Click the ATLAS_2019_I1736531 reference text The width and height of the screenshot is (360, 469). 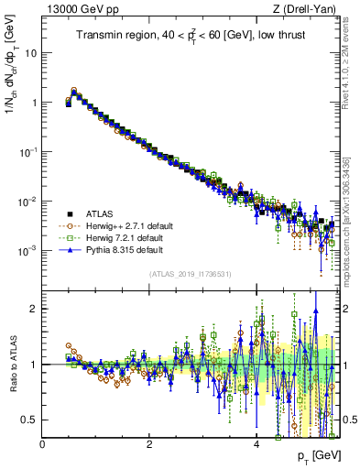[191, 274]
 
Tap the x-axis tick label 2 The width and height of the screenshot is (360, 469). [149, 444]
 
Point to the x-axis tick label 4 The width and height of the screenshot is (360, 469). [256, 444]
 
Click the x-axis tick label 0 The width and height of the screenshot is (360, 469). [43, 444]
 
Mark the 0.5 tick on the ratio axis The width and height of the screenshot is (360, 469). [30, 420]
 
